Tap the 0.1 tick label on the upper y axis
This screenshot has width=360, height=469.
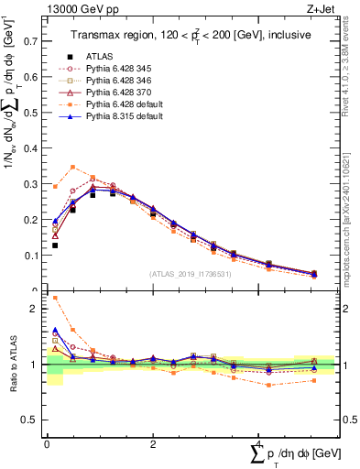click(x=31, y=256)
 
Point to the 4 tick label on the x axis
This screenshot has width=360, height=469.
click(x=259, y=445)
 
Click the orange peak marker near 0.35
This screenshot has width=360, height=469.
click(x=72, y=167)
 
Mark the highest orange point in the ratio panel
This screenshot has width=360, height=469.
click(x=55, y=298)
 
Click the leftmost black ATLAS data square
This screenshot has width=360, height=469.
click(x=55, y=245)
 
